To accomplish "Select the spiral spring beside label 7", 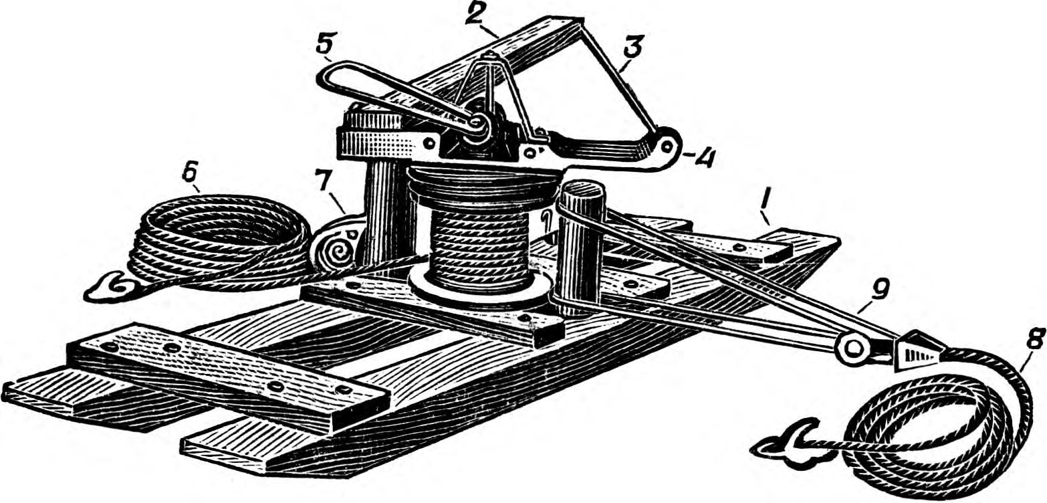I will coord(337,252).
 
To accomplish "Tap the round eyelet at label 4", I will coord(665,145).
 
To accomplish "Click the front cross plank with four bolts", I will coord(227,375).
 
